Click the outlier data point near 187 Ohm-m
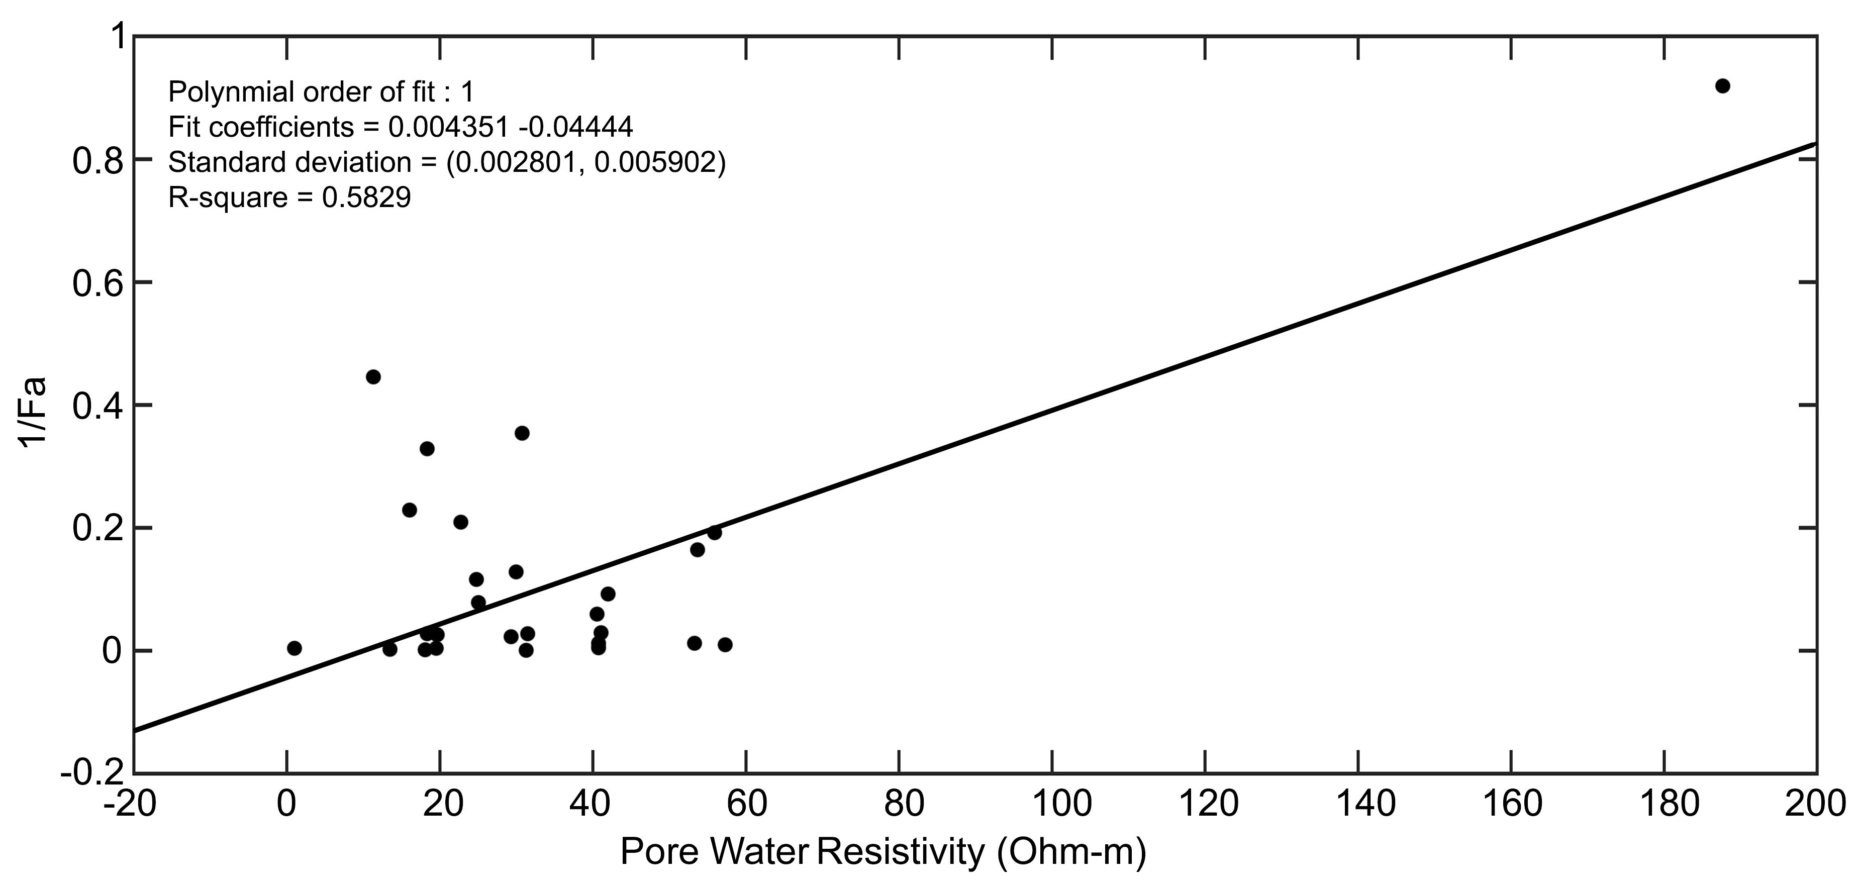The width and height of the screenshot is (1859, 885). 1723,86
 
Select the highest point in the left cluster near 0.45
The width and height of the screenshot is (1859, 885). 373,377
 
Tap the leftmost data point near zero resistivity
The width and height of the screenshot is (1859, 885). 295,648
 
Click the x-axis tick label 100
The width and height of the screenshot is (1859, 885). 1052,804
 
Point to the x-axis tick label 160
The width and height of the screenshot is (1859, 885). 1511,804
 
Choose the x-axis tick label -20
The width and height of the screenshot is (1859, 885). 130,804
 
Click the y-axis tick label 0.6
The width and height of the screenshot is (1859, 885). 95,283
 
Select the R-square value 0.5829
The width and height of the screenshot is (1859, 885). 366,197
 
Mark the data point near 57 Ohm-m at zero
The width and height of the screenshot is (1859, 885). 725,645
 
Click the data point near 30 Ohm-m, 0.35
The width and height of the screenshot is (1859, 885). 522,433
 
